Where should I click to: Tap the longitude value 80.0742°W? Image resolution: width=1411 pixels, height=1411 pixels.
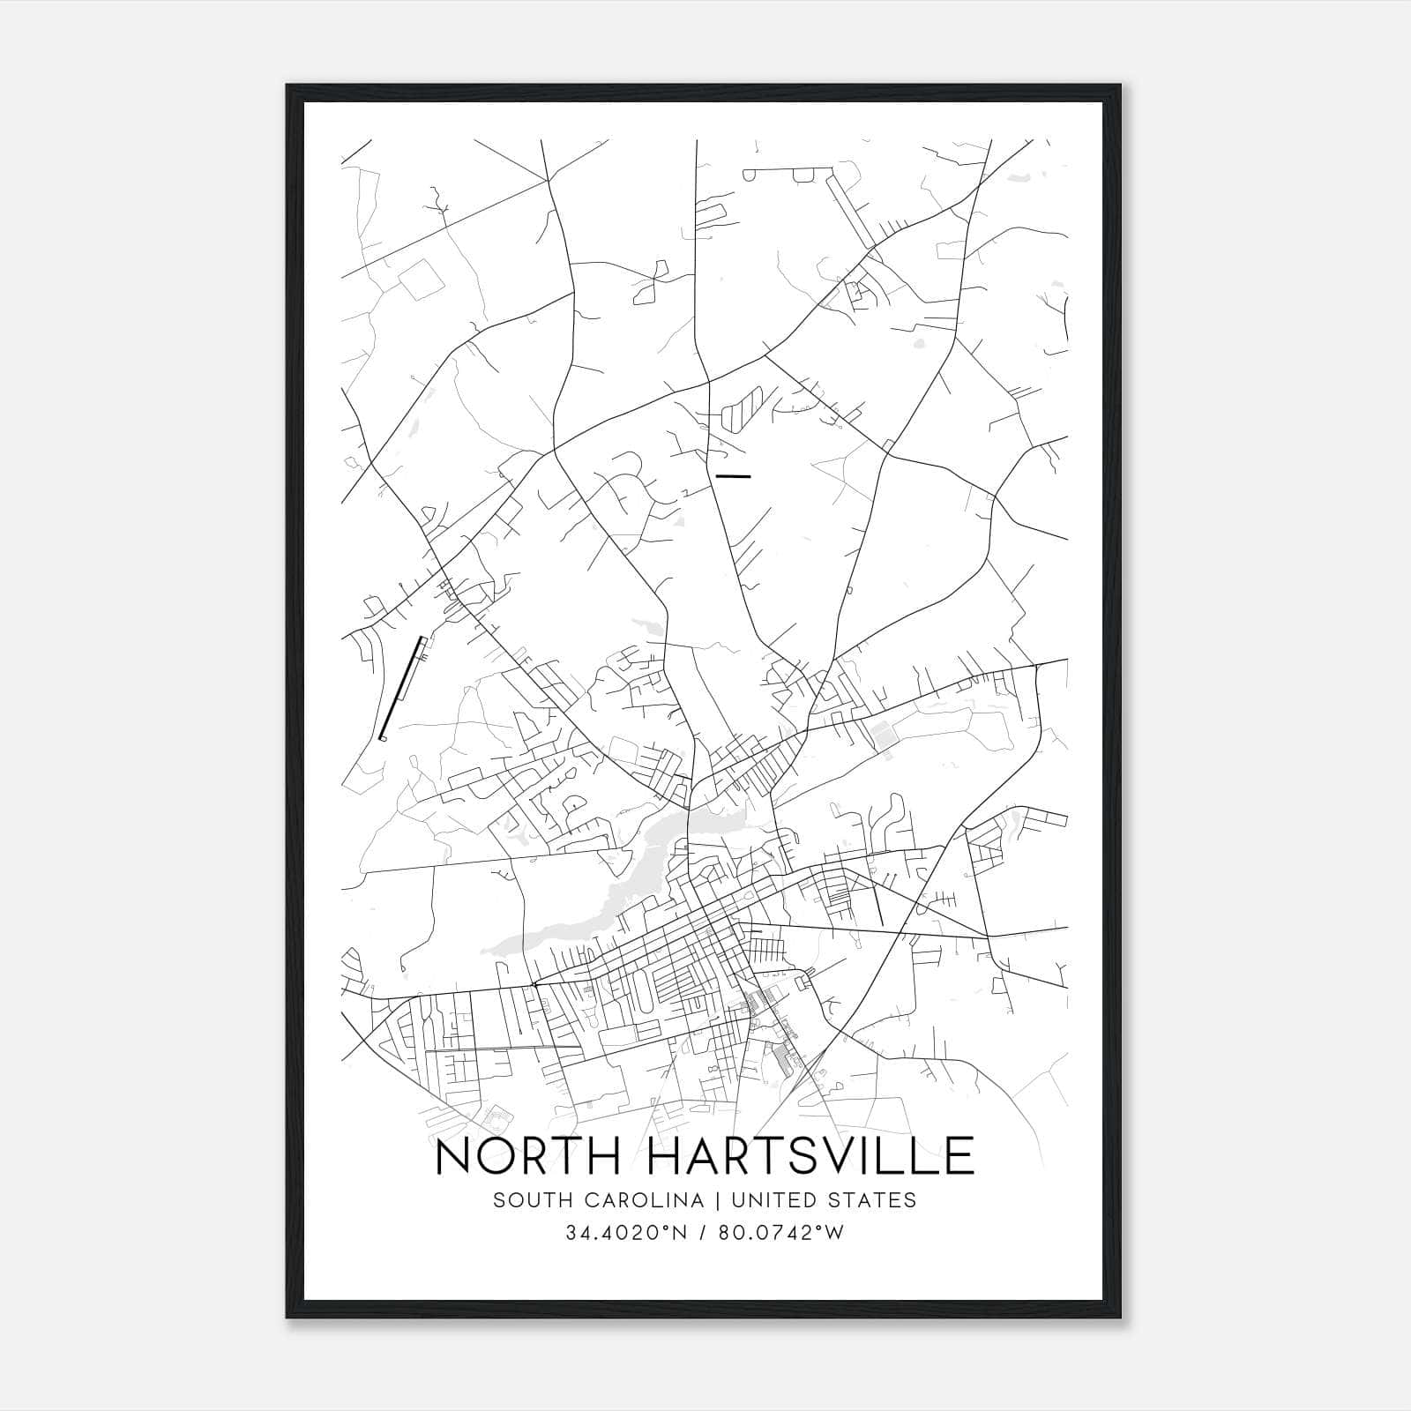[781, 1233]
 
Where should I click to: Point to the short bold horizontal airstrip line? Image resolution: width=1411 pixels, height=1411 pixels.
[734, 476]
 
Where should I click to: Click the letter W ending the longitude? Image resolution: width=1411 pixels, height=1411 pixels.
[834, 1233]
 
